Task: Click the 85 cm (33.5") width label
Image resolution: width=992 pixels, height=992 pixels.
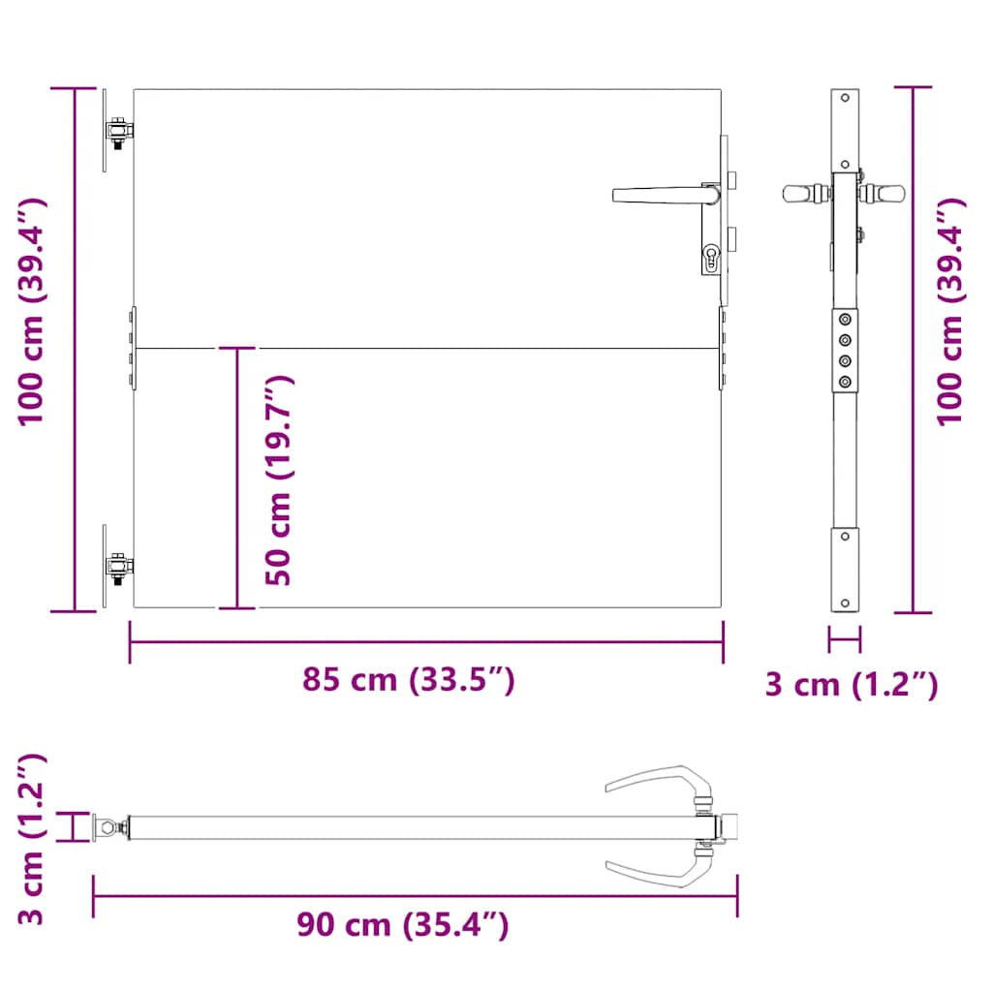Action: tap(408, 680)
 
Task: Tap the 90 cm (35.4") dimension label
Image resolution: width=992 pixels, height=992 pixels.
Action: tap(403, 925)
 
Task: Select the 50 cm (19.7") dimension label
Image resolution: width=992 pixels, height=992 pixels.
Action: tap(279, 480)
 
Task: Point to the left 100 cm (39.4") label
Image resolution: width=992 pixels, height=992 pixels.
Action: tap(32, 312)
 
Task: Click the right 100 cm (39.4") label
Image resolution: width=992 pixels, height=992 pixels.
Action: tap(950, 312)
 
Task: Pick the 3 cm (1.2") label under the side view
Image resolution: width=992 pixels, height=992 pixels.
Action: tap(852, 685)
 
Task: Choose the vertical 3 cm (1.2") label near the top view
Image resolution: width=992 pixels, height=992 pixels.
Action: tap(32, 840)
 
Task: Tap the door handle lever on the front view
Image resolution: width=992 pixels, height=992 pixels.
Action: tap(666, 195)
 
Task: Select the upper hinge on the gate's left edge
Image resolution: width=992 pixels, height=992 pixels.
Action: tap(118, 132)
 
